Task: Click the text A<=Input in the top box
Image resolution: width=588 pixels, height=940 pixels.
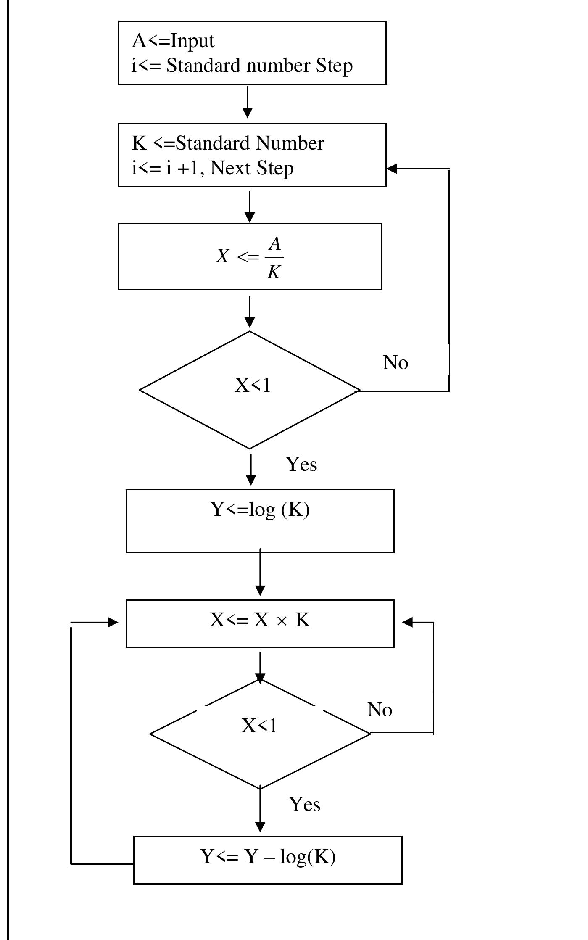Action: pyautogui.click(x=173, y=41)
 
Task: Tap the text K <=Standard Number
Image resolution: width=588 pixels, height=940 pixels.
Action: pyautogui.click(x=228, y=143)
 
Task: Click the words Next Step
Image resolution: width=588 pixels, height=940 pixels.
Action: pyautogui.click(x=251, y=168)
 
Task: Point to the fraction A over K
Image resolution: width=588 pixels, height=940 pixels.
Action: pyautogui.click(x=274, y=257)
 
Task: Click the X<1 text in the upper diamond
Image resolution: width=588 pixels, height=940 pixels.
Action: pyautogui.click(x=252, y=385)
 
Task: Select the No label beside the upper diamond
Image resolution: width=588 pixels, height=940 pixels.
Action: pyautogui.click(x=396, y=362)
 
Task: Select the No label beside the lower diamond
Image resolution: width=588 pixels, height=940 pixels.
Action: pyautogui.click(x=380, y=710)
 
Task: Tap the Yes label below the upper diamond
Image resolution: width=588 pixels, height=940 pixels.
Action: pyautogui.click(x=301, y=465)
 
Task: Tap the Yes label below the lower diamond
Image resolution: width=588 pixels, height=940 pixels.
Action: pyautogui.click(x=305, y=804)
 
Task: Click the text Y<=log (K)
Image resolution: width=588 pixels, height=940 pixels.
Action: pyautogui.click(x=260, y=510)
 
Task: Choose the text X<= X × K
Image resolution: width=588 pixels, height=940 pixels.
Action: pyautogui.click(x=260, y=620)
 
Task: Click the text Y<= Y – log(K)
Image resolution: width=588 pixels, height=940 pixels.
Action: pyautogui.click(x=268, y=856)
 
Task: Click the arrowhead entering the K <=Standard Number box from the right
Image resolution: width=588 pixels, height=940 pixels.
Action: pyautogui.click(x=392, y=169)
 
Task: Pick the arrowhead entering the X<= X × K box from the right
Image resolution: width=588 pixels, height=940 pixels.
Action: pyautogui.click(x=407, y=622)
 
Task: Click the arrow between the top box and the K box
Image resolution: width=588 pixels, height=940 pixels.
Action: pyautogui.click(x=248, y=103)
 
